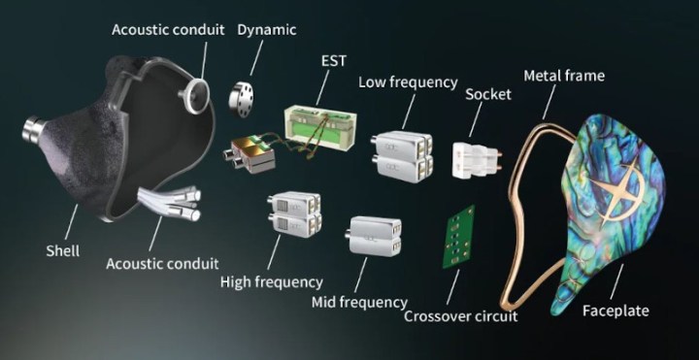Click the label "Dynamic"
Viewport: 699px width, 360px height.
(267, 30)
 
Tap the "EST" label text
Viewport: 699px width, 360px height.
(334, 60)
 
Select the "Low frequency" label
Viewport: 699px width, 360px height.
(408, 82)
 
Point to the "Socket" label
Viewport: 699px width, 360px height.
(488, 94)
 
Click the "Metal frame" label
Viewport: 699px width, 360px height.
(564, 76)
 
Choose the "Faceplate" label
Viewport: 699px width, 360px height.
(616, 311)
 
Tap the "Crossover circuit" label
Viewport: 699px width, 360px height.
(460, 316)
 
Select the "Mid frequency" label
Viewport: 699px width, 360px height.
(359, 303)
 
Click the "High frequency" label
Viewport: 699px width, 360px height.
(272, 282)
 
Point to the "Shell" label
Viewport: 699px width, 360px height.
(63, 250)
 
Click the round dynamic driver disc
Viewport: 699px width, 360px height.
(241, 99)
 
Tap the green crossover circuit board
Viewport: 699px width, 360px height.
(458, 237)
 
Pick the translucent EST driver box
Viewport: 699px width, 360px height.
(319, 128)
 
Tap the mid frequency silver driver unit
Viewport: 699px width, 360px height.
(373, 236)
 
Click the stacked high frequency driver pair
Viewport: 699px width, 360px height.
(294, 213)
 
